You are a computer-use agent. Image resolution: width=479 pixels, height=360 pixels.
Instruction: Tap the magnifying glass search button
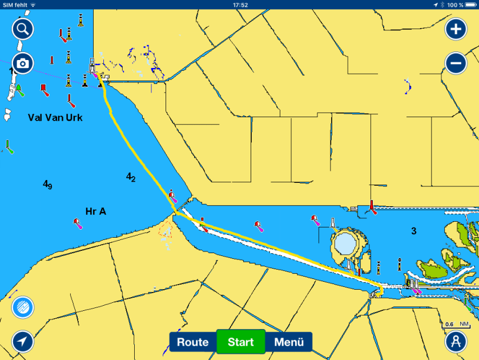pyautogui.click(x=23, y=28)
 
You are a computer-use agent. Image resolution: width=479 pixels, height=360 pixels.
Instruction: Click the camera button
pyautogui.click(x=23, y=63)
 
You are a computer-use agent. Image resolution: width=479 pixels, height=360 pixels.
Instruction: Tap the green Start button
pyautogui.click(x=240, y=342)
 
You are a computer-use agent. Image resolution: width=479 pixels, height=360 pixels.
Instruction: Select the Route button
pyautogui.click(x=192, y=342)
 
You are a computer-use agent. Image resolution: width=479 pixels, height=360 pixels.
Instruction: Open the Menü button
pyautogui.click(x=289, y=342)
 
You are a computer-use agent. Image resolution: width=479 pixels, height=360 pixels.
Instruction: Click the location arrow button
pyautogui.click(x=23, y=341)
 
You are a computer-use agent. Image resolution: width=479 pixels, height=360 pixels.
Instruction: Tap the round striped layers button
pyautogui.click(x=23, y=307)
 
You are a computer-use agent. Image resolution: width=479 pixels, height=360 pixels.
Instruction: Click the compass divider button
pyautogui.click(x=456, y=341)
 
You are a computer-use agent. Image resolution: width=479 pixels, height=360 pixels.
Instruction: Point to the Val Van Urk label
pyautogui.click(x=55, y=118)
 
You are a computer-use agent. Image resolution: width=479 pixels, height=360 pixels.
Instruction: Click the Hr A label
pyautogui.click(x=95, y=211)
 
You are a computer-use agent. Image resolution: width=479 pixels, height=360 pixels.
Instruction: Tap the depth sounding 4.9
pyautogui.click(x=47, y=185)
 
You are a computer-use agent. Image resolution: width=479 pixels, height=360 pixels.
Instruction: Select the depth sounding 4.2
pyautogui.click(x=131, y=178)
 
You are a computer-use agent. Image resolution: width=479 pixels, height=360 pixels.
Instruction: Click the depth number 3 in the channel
pyautogui.click(x=414, y=231)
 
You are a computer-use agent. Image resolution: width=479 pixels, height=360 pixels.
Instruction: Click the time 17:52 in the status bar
pyautogui.click(x=240, y=5)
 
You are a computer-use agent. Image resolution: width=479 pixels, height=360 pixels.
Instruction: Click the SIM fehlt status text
pyautogui.click(x=14, y=5)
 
